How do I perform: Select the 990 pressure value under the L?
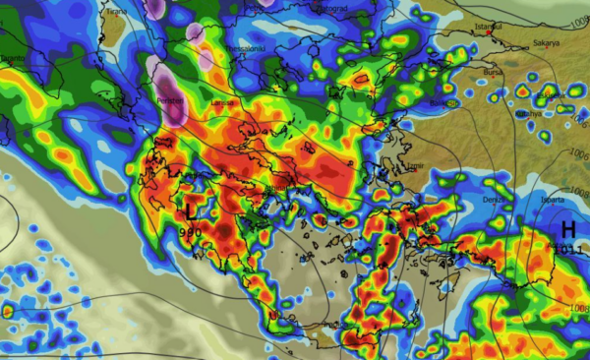[x=190, y=231]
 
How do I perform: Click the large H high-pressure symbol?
[x=567, y=229]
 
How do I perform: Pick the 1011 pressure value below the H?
[x=568, y=250]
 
